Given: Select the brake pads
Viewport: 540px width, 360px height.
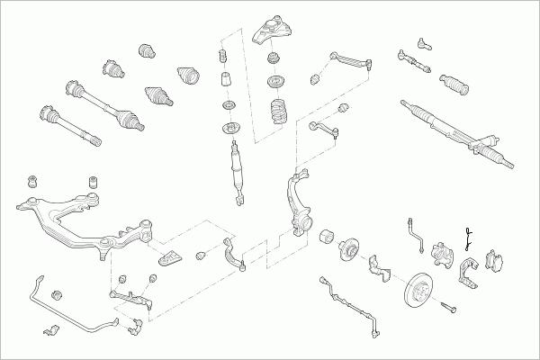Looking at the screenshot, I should [x=494, y=260].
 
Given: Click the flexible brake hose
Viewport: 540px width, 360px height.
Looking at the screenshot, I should [x=416, y=231].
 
